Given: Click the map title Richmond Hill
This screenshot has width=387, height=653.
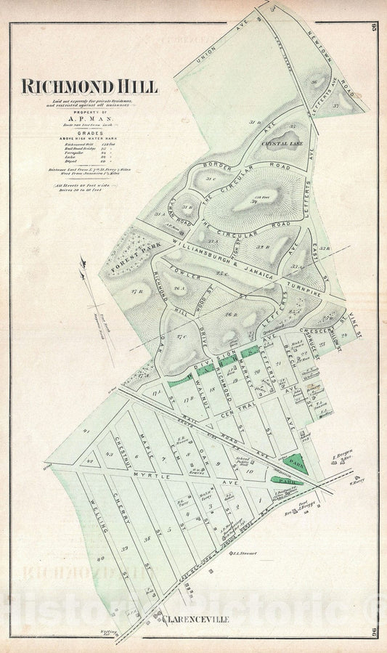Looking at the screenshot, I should pyautogui.click(x=89, y=86).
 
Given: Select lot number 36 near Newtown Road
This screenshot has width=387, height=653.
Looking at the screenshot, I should pyautogui.click(x=314, y=82).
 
